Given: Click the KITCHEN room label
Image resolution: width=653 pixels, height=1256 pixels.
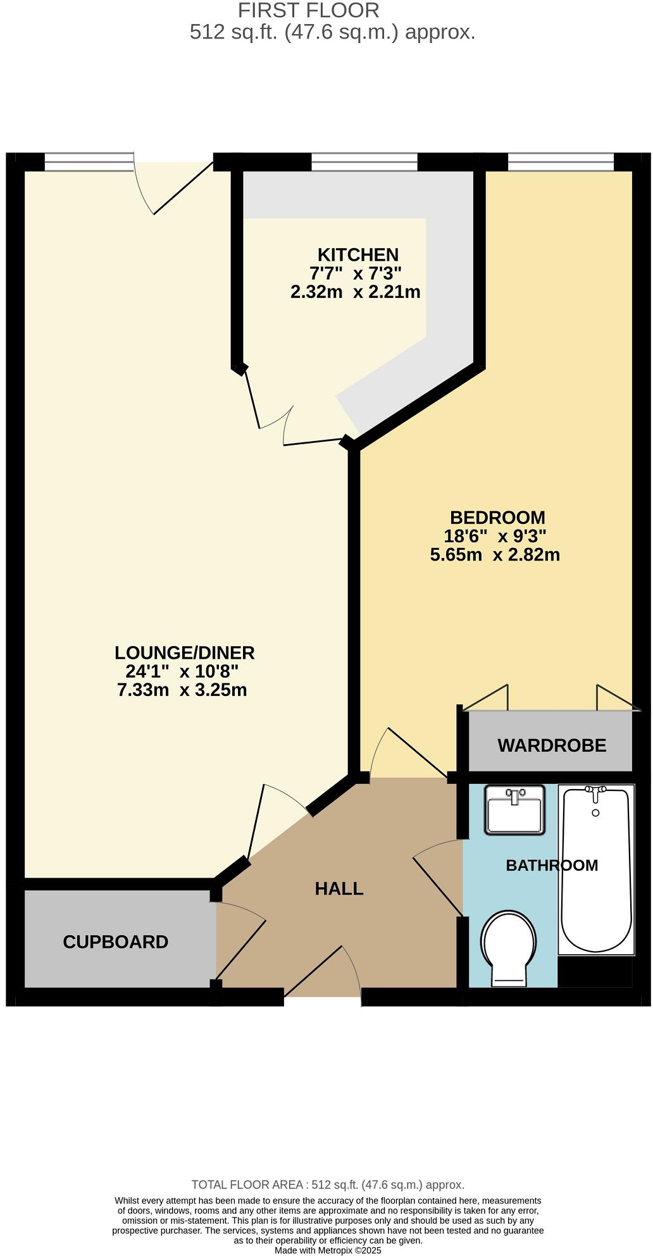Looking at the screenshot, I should pyautogui.click(x=358, y=255).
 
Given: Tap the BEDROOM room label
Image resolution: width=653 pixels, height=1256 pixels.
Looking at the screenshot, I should pyautogui.click(x=497, y=518).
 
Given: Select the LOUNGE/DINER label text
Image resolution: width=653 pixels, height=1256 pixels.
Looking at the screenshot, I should pyautogui.click(x=184, y=652).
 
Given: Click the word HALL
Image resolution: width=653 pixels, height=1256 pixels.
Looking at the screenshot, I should pyautogui.click(x=339, y=889).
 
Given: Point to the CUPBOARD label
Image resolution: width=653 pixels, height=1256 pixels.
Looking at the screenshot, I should pyautogui.click(x=116, y=942).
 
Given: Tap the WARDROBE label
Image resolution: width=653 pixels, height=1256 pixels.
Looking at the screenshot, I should pyautogui.click(x=552, y=745).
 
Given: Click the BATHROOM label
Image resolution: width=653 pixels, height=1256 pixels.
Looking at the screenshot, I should pyautogui.click(x=552, y=865).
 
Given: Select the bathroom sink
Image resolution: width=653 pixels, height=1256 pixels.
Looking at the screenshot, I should pyautogui.click(x=514, y=810).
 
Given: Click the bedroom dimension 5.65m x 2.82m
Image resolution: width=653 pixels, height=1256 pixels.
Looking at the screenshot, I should pyautogui.click(x=495, y=555).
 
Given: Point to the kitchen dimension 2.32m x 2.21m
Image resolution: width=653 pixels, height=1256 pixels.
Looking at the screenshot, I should pyautogui.click(x=355, y=292).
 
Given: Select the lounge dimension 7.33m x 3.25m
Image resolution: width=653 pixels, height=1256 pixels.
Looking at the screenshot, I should pyautogui.click(x=182, y=690).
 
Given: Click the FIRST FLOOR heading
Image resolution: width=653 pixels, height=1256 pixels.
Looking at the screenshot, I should pyautogui.click(x=308, y=10).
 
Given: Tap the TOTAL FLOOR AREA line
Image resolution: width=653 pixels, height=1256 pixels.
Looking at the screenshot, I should pyautogui.click(x=328, y=1184).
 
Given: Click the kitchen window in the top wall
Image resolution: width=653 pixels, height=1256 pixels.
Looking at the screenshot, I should pyautogui.click(x=364, y=163).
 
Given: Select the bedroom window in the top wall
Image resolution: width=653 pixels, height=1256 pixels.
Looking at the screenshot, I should pyautogui.click(x=560, y=163).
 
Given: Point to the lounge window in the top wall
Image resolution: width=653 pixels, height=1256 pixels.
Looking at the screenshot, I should pyautogui.click(x=89, y=163).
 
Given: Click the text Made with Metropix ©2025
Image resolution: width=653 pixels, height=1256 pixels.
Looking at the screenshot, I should pyautogui.click(x=328, y=1251).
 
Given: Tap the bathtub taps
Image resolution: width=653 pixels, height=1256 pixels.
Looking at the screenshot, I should pyautogui.click(x=595, y=790).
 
